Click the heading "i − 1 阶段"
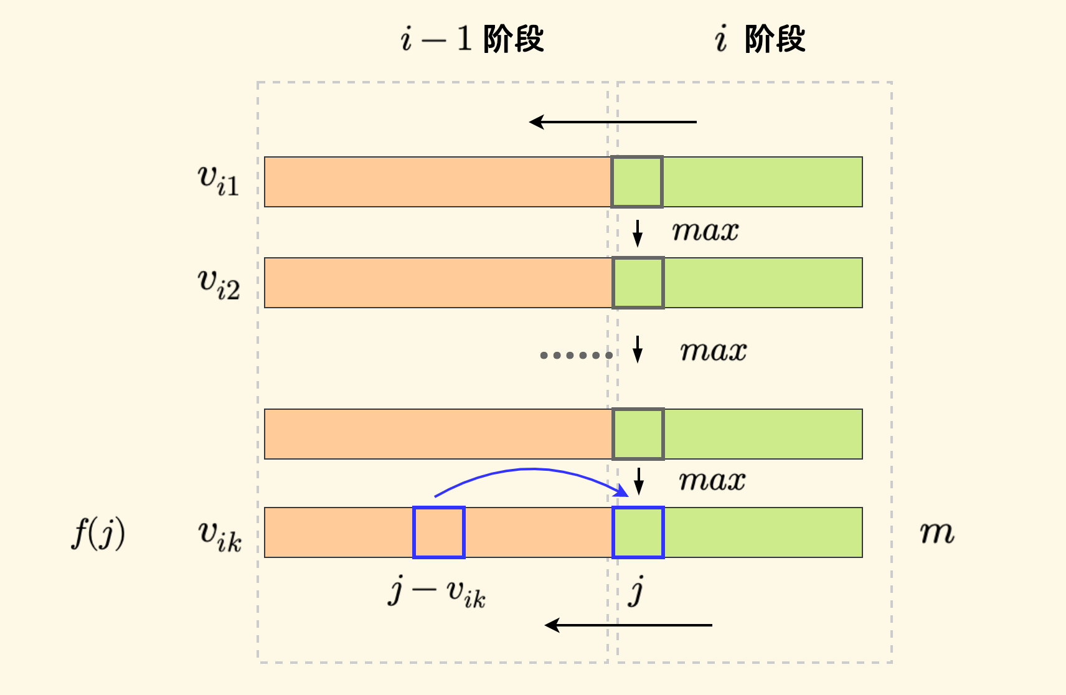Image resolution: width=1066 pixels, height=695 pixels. click(x=472, y=39)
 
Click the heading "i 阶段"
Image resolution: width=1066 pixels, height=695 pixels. click(x=760, y=39)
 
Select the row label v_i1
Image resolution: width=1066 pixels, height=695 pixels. click(x=218, y=181)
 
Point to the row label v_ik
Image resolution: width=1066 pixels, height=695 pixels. click(x=219, y=536)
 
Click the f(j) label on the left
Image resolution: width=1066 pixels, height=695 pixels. click(x=98, y=534)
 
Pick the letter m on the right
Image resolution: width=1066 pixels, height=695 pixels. click(x=937, y=532)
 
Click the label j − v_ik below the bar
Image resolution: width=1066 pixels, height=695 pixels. click(x=436, y=592)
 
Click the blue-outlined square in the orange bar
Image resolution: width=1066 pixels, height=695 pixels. click(x=439, y=532)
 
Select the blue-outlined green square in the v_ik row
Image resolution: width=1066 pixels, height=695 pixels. click(x=638, y=532)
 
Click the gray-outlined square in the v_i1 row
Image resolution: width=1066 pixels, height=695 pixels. click(x=637, y=182)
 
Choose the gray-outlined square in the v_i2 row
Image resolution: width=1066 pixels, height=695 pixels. click(x=638, y=283)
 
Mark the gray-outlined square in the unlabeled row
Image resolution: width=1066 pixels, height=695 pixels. click(x=638, y=434)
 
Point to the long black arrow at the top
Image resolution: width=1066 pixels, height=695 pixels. click(x=613, y=122)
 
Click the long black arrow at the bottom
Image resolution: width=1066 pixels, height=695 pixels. click(x=628, y=625)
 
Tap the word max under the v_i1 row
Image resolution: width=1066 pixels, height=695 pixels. click(x=705, y=232)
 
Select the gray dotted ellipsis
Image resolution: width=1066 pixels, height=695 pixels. click(x=576, y=356)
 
